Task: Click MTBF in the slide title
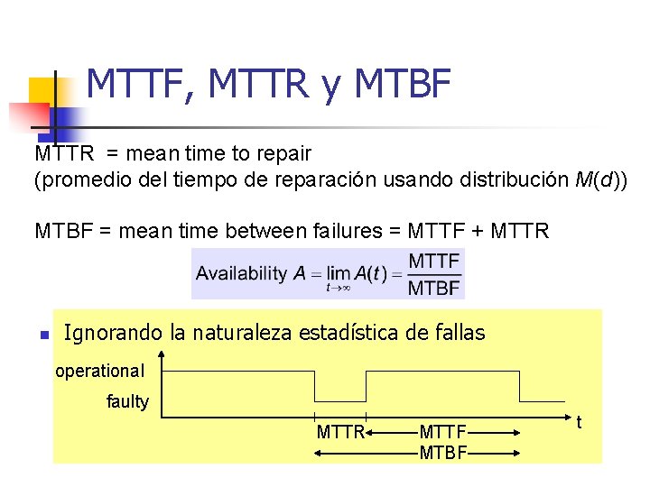click(404, 85)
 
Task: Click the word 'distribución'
click(516, 180)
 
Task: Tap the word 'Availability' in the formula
click(241, 273)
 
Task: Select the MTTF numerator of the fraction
click(434, 262)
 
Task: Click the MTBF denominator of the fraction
click(434, 289)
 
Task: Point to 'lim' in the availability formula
click(339, 273)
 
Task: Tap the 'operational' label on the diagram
click(99, 371)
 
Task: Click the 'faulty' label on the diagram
click(127, 401)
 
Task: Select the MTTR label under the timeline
click(340, 432)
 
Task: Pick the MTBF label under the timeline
click(443, 451)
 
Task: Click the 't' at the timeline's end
click(579, 421)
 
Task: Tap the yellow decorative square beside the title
click(42, 91)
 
